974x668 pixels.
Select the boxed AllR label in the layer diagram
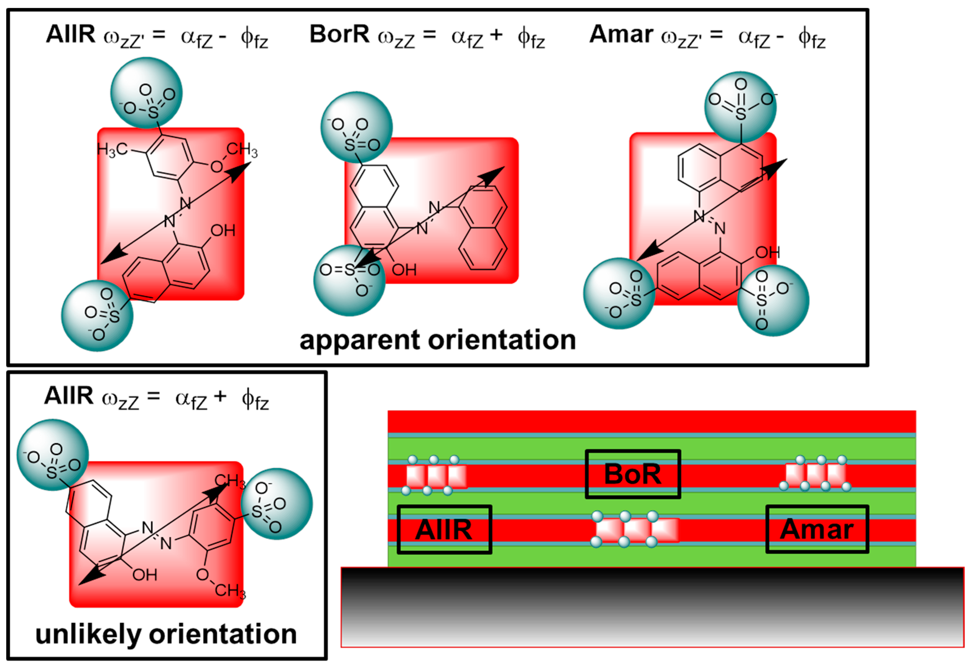coord(444,529)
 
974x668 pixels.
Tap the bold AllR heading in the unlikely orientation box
coord(69,395)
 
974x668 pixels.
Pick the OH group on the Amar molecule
coord(767,252)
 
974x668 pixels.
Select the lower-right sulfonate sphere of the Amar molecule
coord(773,301)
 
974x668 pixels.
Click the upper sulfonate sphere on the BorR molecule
coord(356,127)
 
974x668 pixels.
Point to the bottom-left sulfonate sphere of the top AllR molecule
coord(97,315)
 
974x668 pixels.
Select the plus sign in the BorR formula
coord(496,35)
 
